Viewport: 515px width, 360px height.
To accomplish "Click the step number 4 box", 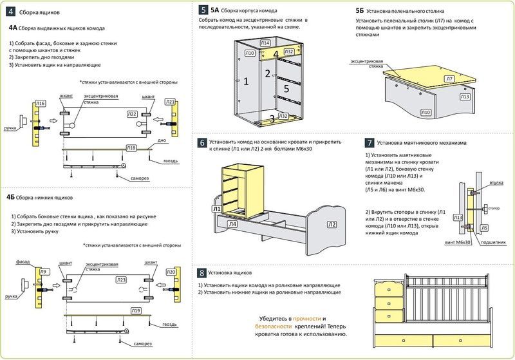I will pos(10,12).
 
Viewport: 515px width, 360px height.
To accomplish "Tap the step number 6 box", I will pos(202,143).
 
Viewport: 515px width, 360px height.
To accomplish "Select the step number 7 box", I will pos(370,143).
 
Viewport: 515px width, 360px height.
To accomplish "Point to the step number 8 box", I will pos(202,272).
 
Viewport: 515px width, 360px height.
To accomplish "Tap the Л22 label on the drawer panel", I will pos(131,114).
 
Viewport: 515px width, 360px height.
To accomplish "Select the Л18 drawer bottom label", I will pos(130,148).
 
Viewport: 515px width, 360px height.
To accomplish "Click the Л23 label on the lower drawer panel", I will pos(121,280).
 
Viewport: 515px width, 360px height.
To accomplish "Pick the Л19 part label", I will pos(135,311).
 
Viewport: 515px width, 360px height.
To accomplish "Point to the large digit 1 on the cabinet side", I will pos(245,81).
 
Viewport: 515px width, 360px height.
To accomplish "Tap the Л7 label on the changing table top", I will pos(449,79).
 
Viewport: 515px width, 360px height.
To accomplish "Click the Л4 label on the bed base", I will pos(232,225).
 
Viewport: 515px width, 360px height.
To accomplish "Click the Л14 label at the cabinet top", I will pos(265,43).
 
